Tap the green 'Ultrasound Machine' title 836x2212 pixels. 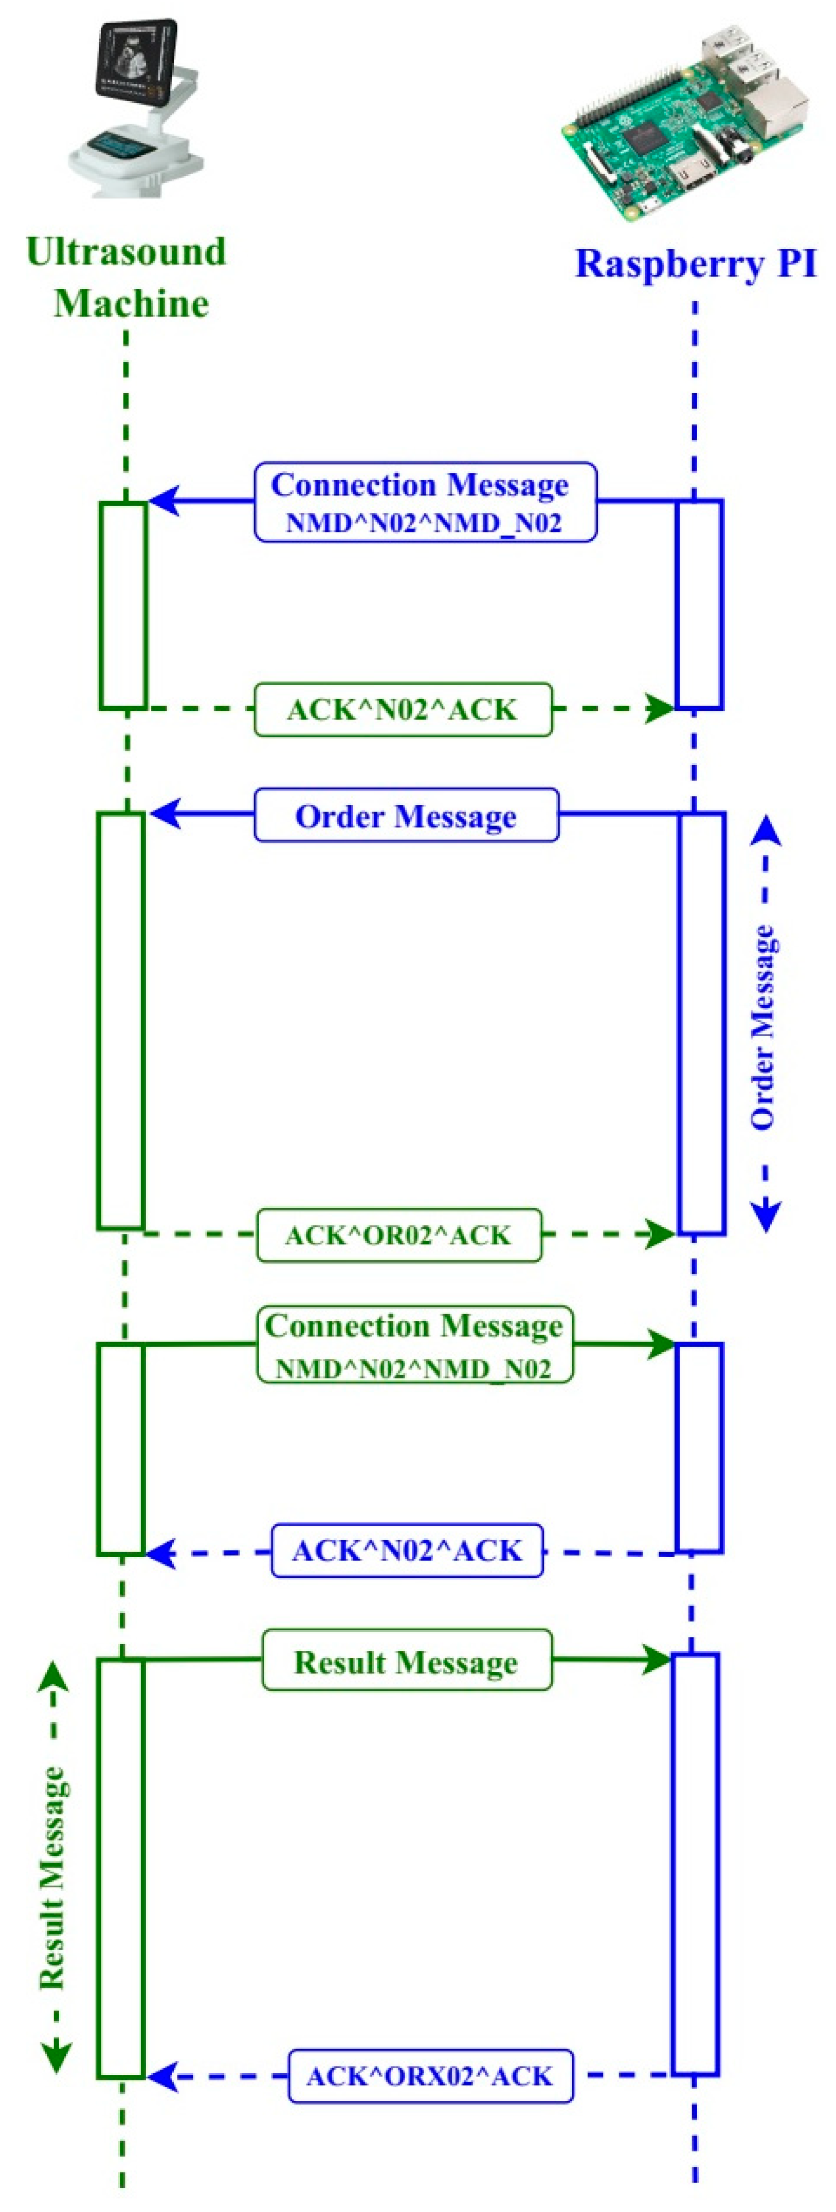point(127,278)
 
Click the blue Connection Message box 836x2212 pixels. point(425,502)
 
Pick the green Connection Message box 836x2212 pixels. point(414,1344)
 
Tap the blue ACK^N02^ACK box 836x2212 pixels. point(406,1551)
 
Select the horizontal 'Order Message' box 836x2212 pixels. point(406,815)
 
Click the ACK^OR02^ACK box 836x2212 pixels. point(398,1235)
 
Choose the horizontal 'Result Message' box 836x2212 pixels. point(406,1661)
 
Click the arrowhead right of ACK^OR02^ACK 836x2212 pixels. point(660,1235)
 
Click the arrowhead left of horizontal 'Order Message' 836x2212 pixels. point(166,813)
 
